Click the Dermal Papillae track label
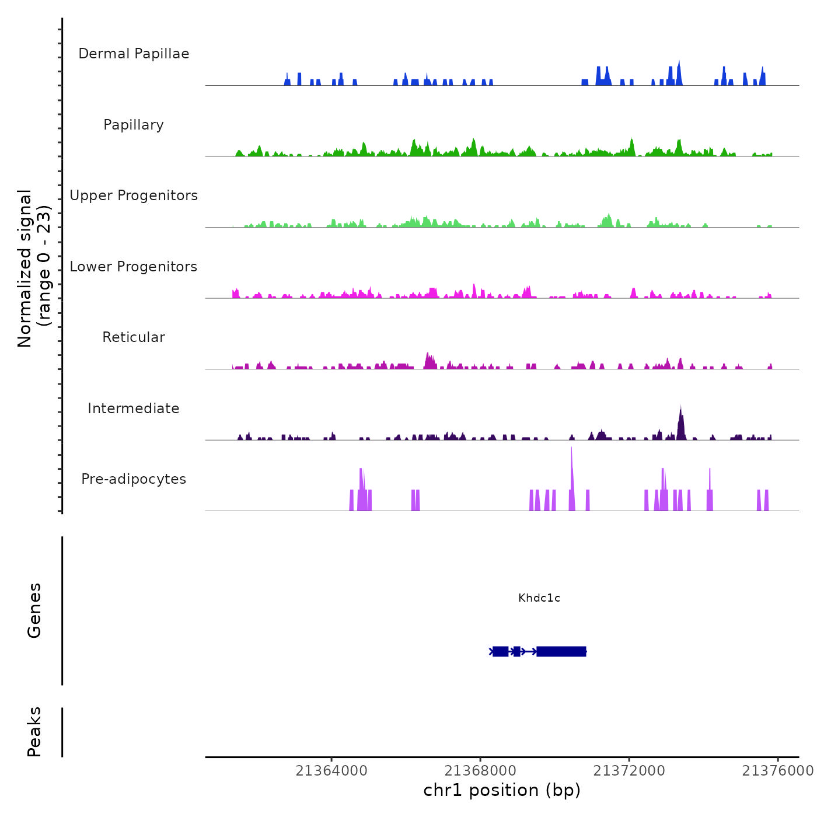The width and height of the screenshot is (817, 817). (134, 54)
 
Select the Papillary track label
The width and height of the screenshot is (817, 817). (134, 125)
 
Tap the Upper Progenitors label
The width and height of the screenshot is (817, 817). (134, 195)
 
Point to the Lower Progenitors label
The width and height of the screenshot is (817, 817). (134, 267)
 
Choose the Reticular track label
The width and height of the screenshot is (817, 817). (134, 337)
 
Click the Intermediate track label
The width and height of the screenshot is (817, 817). (134, 408)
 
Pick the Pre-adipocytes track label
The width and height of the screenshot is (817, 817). (134, 479)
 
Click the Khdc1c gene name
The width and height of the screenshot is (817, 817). (539, 598)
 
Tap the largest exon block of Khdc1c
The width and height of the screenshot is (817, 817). (561, 651)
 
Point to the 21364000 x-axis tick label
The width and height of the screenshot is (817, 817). (331, 771)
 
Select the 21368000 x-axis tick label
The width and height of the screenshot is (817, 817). (480, 771)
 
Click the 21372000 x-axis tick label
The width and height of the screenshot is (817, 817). (629, 771)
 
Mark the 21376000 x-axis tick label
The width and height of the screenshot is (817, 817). (777, 771)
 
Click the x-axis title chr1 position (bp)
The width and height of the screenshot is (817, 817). (502, 790)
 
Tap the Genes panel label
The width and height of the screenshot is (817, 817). (34, 610)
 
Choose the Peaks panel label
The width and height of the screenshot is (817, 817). (34, 732)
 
